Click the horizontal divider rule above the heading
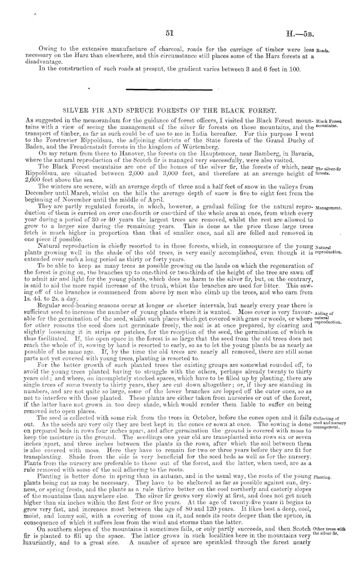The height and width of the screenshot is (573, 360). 180,91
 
